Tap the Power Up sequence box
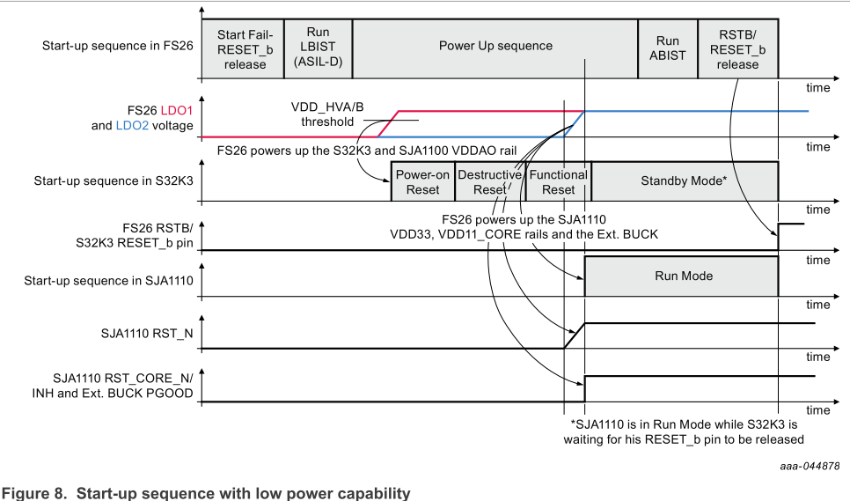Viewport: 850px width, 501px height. (495, 46)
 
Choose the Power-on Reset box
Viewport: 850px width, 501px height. (422, 181)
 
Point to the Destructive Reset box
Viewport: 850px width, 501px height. (490, 181)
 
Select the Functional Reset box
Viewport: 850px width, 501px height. (558, 181)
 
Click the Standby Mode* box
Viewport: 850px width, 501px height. (684, 181)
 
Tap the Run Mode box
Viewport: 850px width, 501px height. (684, 276)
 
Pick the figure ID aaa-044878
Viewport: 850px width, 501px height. (809, 465)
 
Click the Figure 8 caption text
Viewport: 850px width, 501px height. (205, 492)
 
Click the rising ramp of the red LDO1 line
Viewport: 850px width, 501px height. (389, 124)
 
